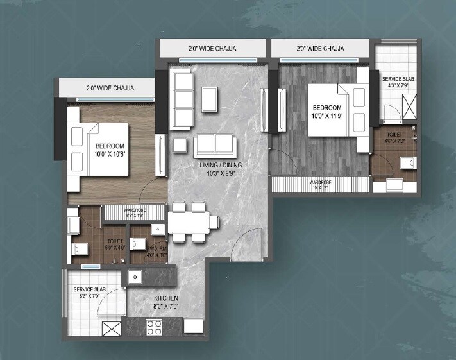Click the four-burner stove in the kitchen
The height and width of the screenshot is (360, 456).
(x=154, y=327)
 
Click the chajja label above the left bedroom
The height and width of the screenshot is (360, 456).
(x=110, y=89)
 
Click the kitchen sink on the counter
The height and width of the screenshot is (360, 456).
(x=135, y=277)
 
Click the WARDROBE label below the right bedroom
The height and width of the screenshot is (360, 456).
(x=320, y=184)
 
